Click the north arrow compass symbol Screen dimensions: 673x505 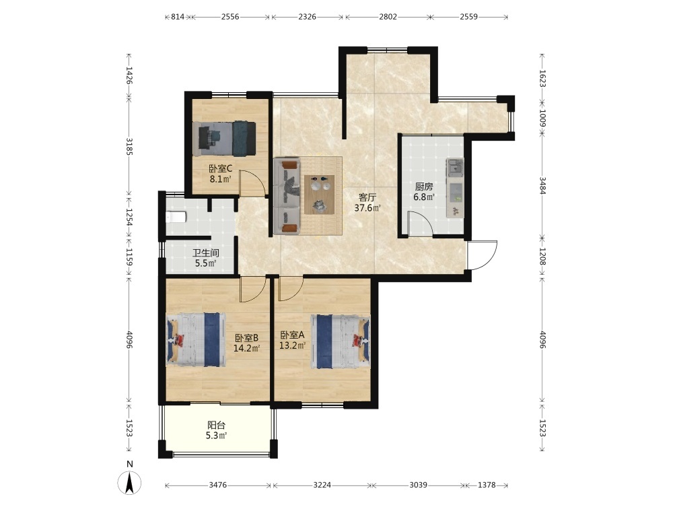[x=130, y=483]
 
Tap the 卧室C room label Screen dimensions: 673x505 [x=221, y=168]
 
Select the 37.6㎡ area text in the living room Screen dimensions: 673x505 [x=367, y=208]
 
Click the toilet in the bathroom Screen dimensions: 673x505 [x=176, y=217]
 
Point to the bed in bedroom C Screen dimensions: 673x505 [x=224, y=139]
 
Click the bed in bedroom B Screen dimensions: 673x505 [x=196, y=339]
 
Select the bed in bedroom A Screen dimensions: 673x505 [x=340, y=342]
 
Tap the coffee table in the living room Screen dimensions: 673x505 [x=319, y=194]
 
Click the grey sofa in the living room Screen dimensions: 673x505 [x=287, y=196]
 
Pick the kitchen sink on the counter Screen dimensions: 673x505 [x=454, y=168]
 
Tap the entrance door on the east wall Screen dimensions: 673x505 [x=482, y=255]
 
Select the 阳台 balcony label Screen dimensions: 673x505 [x=216, y=425]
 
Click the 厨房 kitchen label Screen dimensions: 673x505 [x=423, y=187]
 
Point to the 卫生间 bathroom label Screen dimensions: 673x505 [x=205, y=253]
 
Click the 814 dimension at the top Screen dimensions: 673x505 [x=178, y=17]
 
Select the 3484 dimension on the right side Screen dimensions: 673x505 [x=542, y=186]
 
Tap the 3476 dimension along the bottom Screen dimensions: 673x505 [x=217, y=485]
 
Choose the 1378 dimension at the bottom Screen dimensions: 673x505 [x=487, y=485]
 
